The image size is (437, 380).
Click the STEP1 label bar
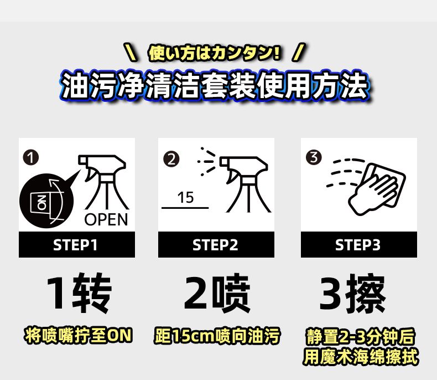tap(77, 244)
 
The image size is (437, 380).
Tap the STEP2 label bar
tap(216, 244)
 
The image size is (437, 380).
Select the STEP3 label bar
tap(359, 244)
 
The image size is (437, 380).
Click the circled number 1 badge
tap(30, 158)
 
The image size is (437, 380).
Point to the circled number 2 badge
tap(171, 159)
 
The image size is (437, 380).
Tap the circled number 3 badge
tap(314, 157)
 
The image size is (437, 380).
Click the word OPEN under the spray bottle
tap(106, 219)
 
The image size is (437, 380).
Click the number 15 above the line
tap(185, 198)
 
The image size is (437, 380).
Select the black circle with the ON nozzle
tap(47, 201)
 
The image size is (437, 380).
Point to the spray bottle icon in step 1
tap(103, 182)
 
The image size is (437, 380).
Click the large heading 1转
tap(79, 293)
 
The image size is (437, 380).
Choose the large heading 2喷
tap(217, 293)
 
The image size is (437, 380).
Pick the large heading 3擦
tap(352, 293)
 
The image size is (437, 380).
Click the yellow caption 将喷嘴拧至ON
tap(78, 335)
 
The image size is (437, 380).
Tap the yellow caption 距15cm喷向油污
tap(217, 336)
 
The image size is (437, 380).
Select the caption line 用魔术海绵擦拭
tap(361, 357)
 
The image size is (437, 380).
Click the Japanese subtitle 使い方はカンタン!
tap(214, 53)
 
